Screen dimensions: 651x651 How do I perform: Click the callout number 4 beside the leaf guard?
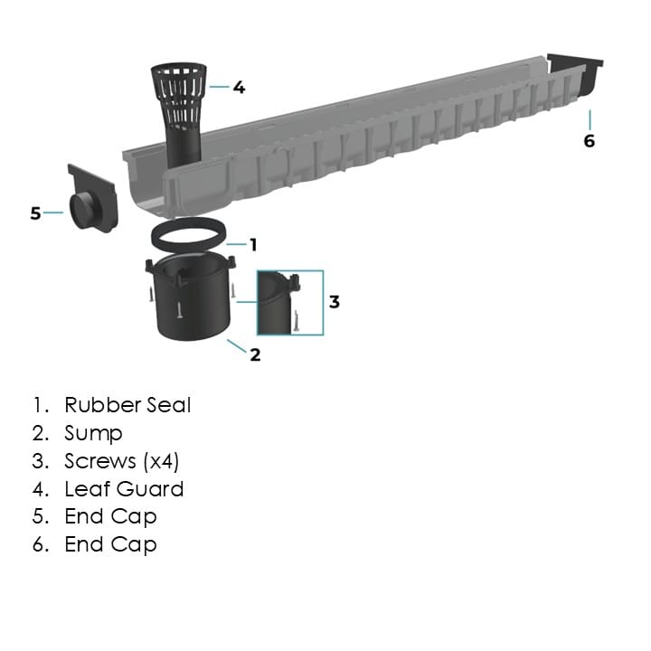tap(239, 88)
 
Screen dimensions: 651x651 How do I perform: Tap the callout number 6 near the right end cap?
tap(590, 141)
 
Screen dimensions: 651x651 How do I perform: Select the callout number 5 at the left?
tap(35, 213)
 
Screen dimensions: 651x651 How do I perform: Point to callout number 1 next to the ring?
tap(253, 244)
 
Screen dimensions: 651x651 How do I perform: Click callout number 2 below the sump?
tap(255, 354)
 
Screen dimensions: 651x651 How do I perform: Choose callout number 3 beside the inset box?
tap(334, 301)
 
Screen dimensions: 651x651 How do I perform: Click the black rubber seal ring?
tap(186, 237)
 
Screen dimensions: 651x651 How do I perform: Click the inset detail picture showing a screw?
tap(290, 303)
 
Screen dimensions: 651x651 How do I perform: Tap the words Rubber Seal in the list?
tap(127, 405)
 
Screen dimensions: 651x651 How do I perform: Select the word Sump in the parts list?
tap(93, 433)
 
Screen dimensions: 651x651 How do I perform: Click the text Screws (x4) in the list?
tap(122, 461)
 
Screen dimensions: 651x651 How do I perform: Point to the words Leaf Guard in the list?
tap(124, 489)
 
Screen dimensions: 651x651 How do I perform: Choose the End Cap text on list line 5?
tap(110, 517)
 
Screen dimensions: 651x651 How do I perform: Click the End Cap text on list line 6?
tap(110, 544)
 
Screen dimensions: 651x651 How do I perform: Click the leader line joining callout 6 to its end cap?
tap(590, 119)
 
